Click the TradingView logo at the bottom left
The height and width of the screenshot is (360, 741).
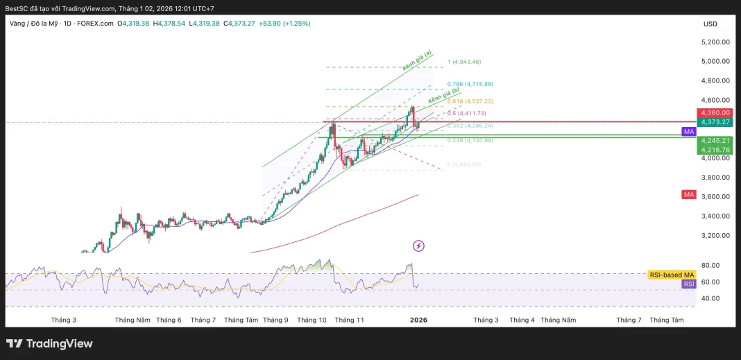pyautogui.click(x=49, y=343)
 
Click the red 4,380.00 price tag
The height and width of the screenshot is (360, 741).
pyautogui.click(x=715, y=112)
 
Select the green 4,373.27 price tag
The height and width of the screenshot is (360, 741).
pyautogui.click(x=715, y=122)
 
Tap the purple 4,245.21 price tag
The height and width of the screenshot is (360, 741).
pyautogui.click(x=715, y=140)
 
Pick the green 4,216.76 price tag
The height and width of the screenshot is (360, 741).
pyautogui.click(x=715, y=150)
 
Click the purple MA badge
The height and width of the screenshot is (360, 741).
pyautogui.click(x=688, y=131)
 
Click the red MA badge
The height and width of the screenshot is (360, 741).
pyautogui.click(x=688, y=195)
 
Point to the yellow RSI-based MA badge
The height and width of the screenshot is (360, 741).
pyautogui.click(x=671, y=275)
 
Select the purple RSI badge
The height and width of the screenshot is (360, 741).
pyautogui.click(x=688, y=284)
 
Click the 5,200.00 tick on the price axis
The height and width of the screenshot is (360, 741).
pyautogui.click(x=715, y=42)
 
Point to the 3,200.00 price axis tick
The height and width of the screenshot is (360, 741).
pyautogui.click(x=715, y=235)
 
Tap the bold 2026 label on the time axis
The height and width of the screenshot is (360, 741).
pyautogui.click(x=418, y=320)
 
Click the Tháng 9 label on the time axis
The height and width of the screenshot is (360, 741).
pyautogui.click(x=275, y=320)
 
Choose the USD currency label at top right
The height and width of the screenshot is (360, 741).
pyautogui.click(x=710, y=24)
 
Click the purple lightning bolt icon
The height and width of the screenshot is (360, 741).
pyautogui.click(x=418, y=246)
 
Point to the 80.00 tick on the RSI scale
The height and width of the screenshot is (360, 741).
pyautogui.click(x=710, y=265)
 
